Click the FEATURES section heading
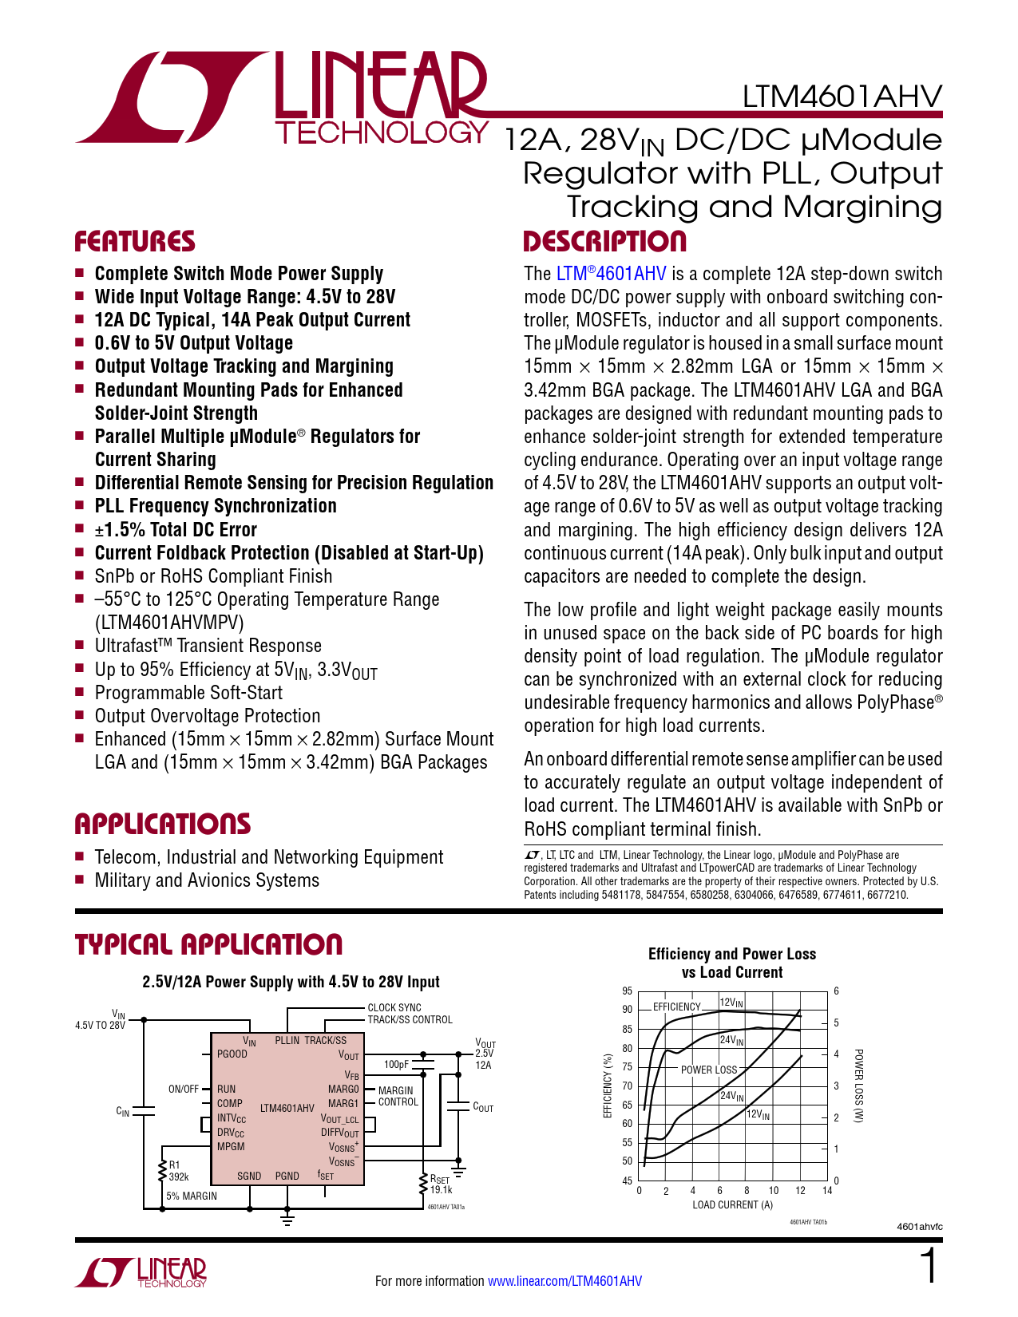[135, 242]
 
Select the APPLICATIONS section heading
[163, 824]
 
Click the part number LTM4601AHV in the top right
[842, 97]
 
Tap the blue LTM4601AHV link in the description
[611, 274]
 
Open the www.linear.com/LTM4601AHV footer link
[564, 1281]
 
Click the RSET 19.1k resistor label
[442, 1184]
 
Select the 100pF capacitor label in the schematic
[396, 1064]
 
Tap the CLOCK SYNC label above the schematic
[394, 1007]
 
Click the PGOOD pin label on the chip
[232, 1054]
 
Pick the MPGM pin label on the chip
[231, 1146]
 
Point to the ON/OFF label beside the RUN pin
[184, 1089]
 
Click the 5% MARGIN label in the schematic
[192, 1196]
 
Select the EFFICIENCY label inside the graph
[676, 1007]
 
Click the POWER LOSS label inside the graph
[709, 1070]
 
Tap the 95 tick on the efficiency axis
[628, 991]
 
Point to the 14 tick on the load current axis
[827, 1191]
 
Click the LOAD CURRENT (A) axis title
[732, 1205]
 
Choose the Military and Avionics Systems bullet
[207, 880]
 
